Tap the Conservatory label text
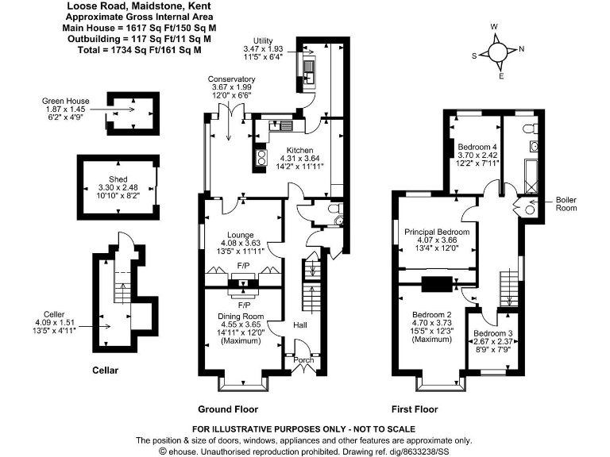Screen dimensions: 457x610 click(x=231, y=79)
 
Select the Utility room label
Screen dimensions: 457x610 click(x=262, y=40)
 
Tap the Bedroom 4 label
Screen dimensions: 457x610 click(x=477, y=147)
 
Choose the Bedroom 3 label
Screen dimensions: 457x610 click(x=491, y=333)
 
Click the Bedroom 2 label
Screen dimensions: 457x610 click(x=431, y=315)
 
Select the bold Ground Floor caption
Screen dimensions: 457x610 click(x=228, y=410)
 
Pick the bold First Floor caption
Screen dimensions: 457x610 click(x=415, y=410)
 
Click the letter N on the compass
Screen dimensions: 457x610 click(x=521, y=49)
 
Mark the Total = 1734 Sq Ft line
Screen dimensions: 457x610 click(x=133, y=49)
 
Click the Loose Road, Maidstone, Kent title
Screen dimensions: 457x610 click(x=132, y=6)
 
